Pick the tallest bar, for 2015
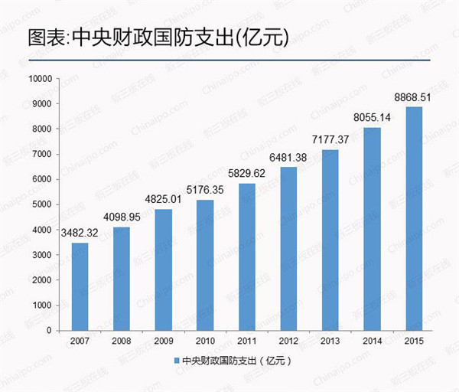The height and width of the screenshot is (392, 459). tap(413, 218)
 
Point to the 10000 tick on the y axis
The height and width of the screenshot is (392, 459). tap(39, 79)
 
